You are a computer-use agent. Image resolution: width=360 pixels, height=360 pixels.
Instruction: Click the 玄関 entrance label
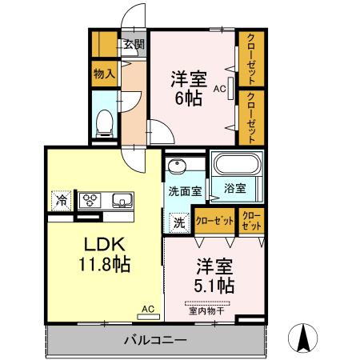click(x=133, y=44)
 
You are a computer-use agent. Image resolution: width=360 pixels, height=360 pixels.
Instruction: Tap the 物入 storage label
click(x=104, y=74)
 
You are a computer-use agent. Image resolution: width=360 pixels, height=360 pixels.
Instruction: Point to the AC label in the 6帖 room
click(x=218, y=90)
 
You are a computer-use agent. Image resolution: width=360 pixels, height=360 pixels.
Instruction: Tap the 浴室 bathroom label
click(x=234, y=189)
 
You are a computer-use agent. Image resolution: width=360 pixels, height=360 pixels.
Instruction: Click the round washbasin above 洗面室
click(x=176, y=166)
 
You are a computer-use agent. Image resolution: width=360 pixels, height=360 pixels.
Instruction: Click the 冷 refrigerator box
click(x=61, y=199)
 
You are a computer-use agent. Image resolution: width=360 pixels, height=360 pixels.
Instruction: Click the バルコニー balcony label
click(x=154, y=340)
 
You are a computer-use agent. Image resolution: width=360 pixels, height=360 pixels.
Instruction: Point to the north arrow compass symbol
click(x=305, y=338)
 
